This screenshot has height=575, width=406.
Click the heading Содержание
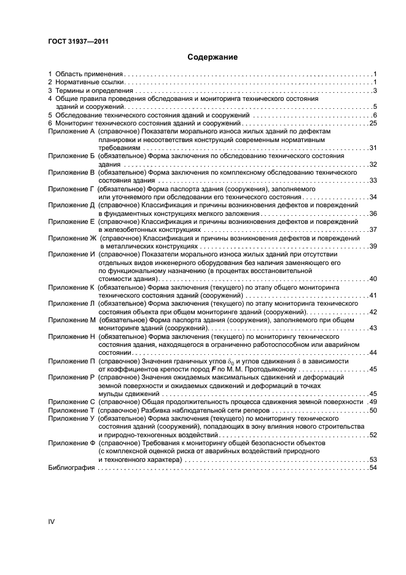coord(212,57)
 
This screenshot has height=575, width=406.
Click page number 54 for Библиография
coord(372,468)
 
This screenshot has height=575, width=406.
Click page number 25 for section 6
coord(372,123)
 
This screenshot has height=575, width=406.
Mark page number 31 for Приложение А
coord(372,148)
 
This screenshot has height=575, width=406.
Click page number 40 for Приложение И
coord(372,279)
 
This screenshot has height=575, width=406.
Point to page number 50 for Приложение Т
coord(372,410)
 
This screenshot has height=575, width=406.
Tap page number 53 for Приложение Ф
coord(372,459)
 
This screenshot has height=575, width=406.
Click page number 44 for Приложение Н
coord(372,352)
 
